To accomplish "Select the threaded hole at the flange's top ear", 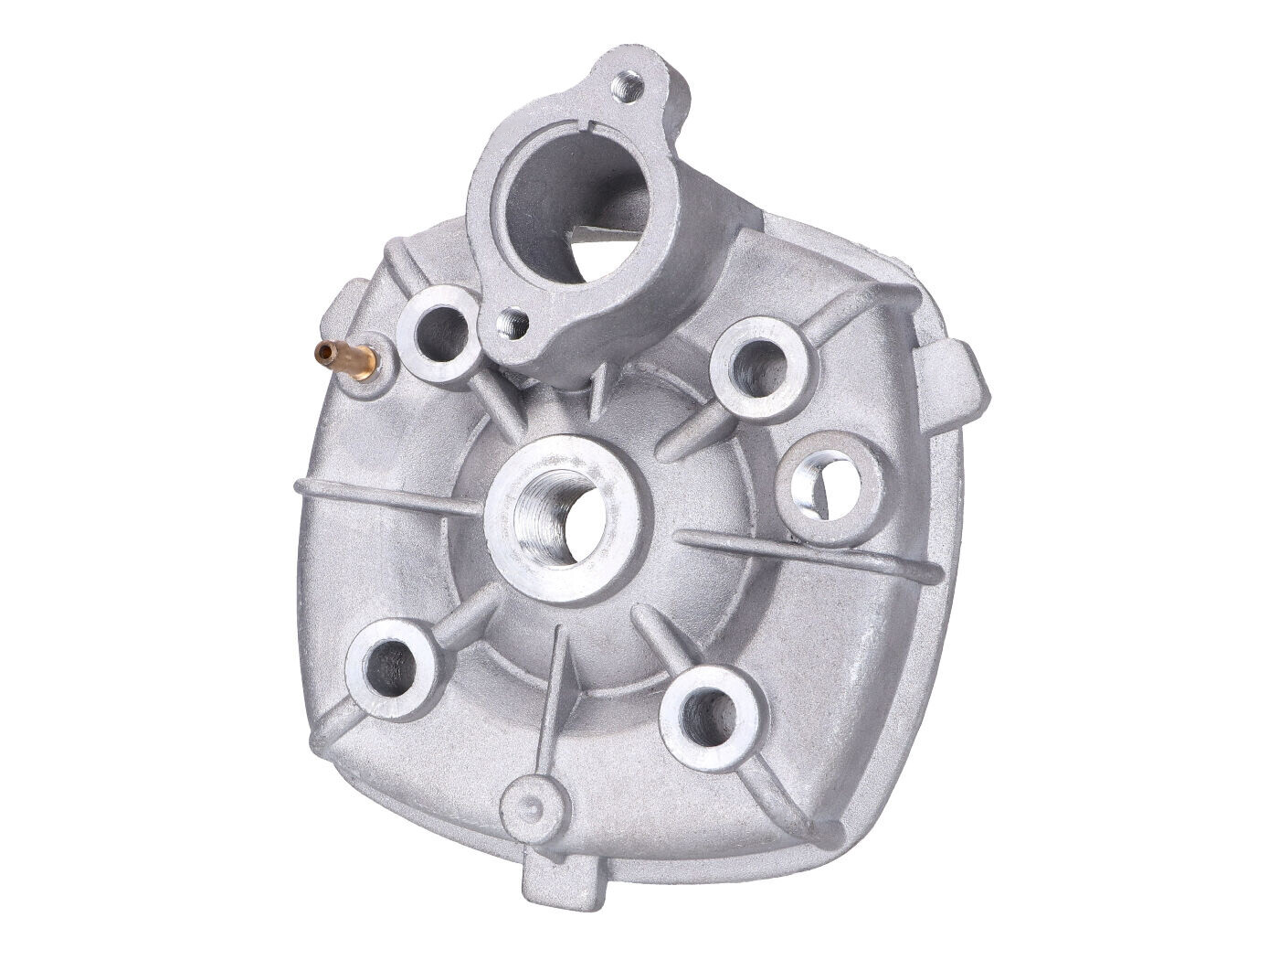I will click(x=629, y=90).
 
